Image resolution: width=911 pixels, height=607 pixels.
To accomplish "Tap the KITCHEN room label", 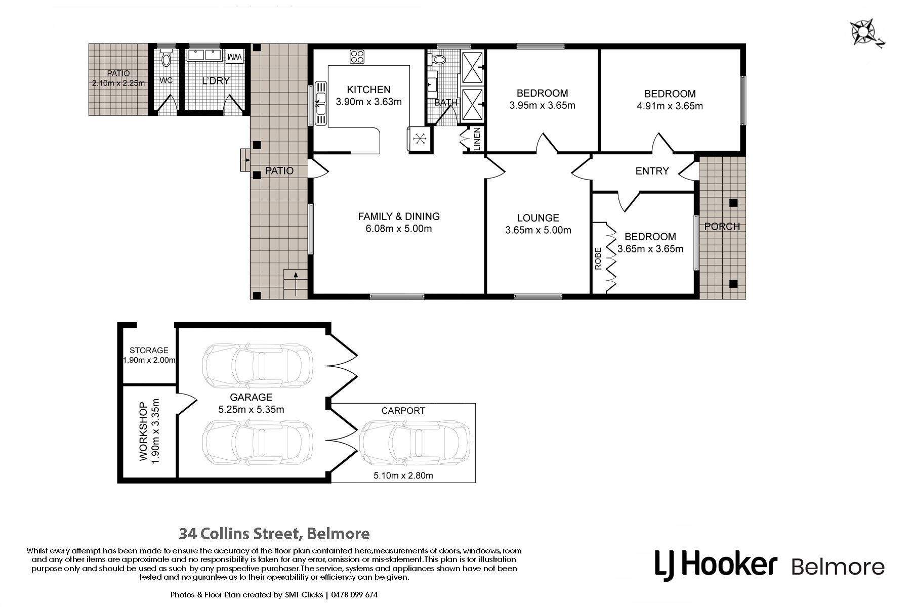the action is [x=368, y=90].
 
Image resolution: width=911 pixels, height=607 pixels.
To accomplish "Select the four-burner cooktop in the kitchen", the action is [x=357, y=56].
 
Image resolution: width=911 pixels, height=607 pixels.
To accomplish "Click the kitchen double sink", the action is [x=321, y=103].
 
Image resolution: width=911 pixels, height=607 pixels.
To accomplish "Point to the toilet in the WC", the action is [x=167, y=58].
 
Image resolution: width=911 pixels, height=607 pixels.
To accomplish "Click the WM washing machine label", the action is [x=234, y=58].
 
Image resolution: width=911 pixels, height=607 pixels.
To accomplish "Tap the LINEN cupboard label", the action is [x=477, y=139].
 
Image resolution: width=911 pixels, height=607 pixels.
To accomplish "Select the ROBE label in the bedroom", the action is [x=598, y=258].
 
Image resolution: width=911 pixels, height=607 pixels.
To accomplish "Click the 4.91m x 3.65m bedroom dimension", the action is [x=670, y=106].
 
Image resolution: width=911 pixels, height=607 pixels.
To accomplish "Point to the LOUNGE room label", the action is [x=538, y=218].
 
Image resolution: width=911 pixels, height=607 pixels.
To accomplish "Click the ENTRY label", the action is [x=652, y=171].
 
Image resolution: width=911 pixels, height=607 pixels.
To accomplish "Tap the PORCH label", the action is [x=722, y=226].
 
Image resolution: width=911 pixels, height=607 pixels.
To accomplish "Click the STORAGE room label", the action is [x=149, y=350].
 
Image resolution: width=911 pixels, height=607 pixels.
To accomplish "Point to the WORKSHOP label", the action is [x=144, y=431].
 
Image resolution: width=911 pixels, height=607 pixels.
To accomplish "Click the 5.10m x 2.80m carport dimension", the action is [x=403, y=475].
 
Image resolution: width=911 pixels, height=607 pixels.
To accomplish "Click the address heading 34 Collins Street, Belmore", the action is [x=275, y=533].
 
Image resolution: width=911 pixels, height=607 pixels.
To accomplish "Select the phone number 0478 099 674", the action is [x=355, y=594].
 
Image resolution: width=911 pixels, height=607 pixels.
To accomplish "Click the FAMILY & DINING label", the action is [x=399, y=216].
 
